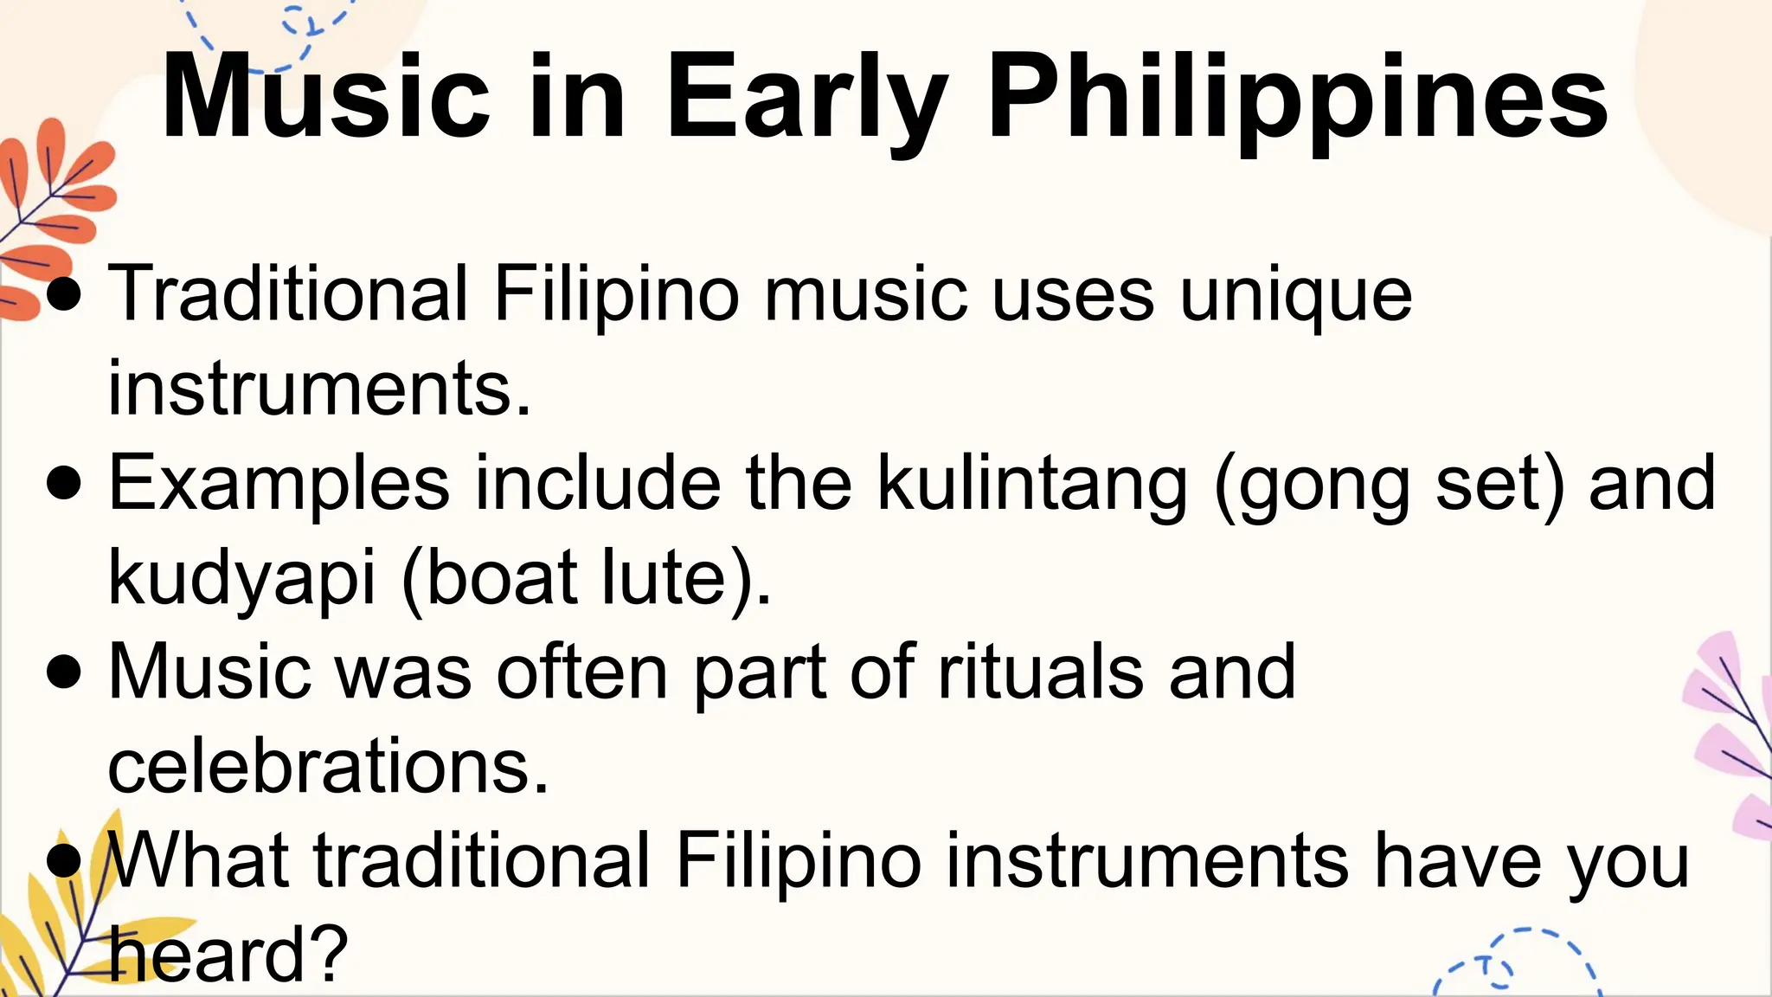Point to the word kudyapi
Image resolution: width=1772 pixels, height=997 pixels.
pyautogui.click(x=242, y=578)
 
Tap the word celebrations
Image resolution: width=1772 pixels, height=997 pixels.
pyautogui.click(x=328, y=767)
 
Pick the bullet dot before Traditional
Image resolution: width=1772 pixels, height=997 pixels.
pyautogui.click(x=65, y=294)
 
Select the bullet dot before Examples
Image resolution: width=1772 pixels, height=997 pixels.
pyautogui.click(x=65, y=484)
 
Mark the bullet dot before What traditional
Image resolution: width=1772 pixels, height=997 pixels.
pyautogui.click(x=65, y=861)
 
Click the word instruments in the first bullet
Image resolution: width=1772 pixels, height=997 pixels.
pyautogui.click(x=319, y=389)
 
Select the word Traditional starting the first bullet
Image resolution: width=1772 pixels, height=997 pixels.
pyautogui.click(x=288, y=294)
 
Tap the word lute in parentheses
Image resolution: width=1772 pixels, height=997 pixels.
pyautogui.click(x=664, y=578)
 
